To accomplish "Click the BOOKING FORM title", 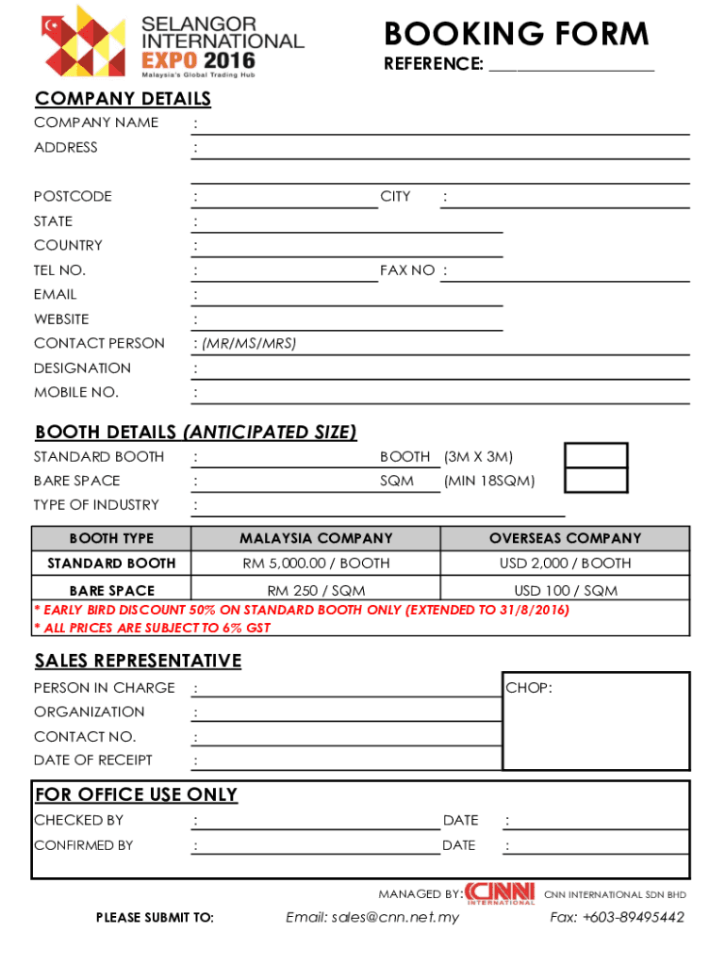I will coord(516,35).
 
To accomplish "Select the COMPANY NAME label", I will coord(96,123).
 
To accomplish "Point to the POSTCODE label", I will coord(73,196).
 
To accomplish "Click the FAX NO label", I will coord(407,270).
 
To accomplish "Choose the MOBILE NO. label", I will coord(76,393).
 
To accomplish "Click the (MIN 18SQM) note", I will coord(489,482).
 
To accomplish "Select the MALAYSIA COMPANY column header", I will coord(316,539).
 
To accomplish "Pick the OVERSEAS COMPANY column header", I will coord(565,539).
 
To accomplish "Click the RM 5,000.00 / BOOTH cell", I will coord(316,564).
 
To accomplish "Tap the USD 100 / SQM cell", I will coord(565,591).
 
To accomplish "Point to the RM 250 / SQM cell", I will coord(316,591).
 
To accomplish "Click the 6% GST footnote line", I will coord(153,628).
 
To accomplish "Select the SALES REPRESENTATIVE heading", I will coord(138,661).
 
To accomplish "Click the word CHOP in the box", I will coord(529,688).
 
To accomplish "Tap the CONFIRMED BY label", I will coord(84,845).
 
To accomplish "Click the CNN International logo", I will coord(500,893).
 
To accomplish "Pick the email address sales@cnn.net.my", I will coord(372,918).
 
